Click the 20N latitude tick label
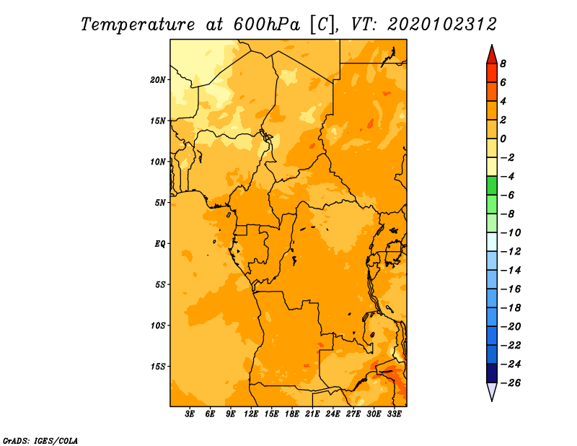tap(157, 80)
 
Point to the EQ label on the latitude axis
tap(160, 244)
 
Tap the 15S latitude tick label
tap(157, 367)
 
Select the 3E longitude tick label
tap(190, 414)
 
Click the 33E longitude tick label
tap(394, 414)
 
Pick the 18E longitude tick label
tap(292, 414)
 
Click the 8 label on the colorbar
tap(503, 64)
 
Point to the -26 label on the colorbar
tap(511, 383)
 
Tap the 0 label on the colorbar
tap(503, 139)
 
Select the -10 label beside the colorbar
tap(511, 233)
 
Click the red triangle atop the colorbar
tap(492, 55)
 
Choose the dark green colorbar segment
tap(492, 185)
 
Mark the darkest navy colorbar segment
tap(492, 373)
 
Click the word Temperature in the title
tap(138, 25)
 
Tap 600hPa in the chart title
tap(267, 25)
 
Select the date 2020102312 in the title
tap(442, 25)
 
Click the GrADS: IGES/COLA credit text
tap(40, 441)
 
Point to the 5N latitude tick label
tap(160, 203)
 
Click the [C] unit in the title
tap(322, 25)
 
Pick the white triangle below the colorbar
tap(492, 392)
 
